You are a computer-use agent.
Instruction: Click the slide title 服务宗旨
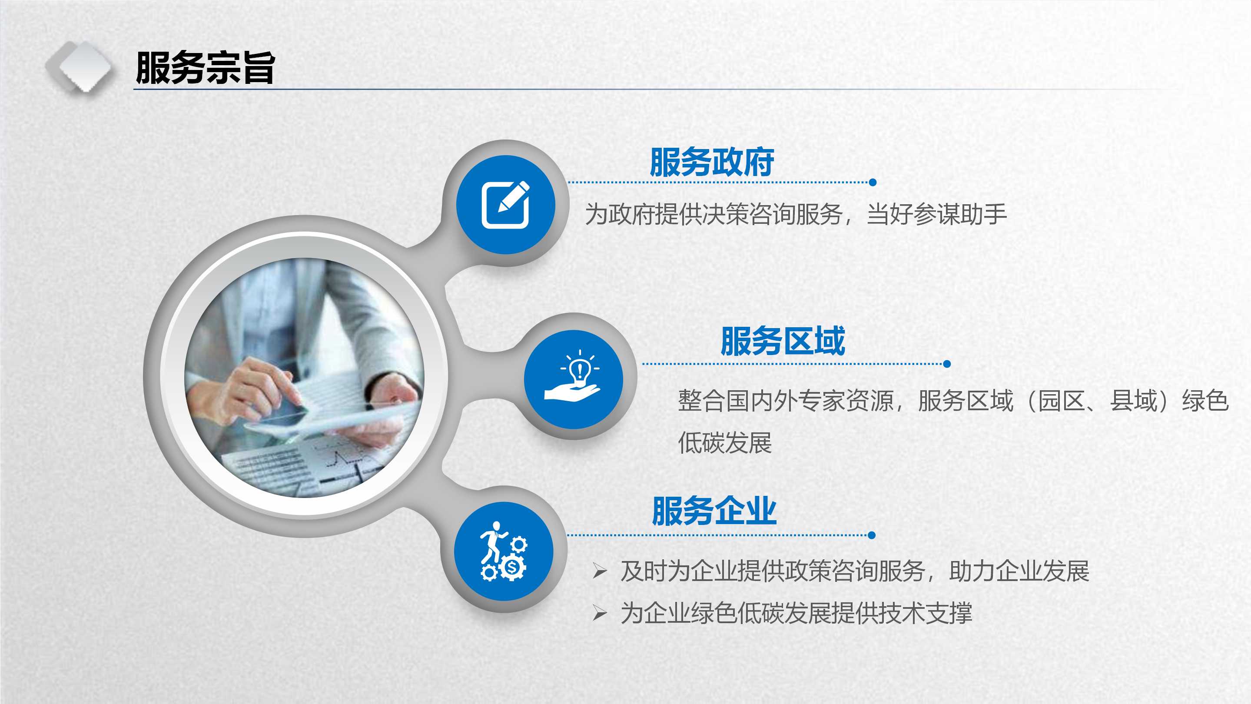pos(206,68)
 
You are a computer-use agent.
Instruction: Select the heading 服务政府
pos(712,162)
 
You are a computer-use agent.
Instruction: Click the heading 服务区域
pos(783,341)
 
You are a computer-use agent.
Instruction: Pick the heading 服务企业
pos(714,511)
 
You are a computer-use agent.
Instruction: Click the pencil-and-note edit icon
pos(505,204)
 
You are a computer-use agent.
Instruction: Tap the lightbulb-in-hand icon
pos(573,375)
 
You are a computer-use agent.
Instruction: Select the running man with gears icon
pos(504,551)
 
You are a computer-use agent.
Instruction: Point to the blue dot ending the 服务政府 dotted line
pos(873,183)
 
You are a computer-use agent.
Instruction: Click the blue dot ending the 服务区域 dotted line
pos(947,364)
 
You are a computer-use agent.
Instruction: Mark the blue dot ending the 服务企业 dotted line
pos(872,535)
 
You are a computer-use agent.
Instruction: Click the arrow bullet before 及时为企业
pos(600,571)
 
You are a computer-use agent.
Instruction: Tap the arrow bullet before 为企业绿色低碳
pos(600,613)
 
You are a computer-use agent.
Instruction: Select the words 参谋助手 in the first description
pos(960,215)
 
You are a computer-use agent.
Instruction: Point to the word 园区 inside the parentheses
pos(1061,401)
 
